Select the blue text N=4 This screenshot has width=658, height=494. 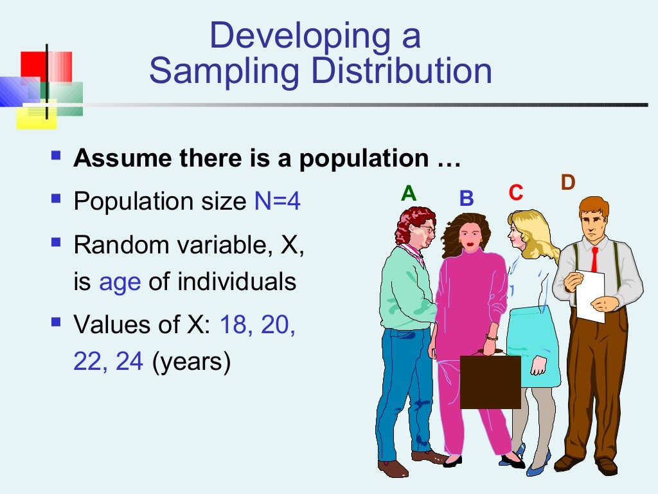tap(277, 202)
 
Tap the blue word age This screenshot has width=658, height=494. tap(120, 282)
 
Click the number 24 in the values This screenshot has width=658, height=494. tap(129, 363)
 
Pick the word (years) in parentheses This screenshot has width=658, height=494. tap(191, 363)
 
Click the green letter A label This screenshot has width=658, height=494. tap(408, 193)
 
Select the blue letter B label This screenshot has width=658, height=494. tap(466, 198)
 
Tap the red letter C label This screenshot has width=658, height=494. tap(515, 193)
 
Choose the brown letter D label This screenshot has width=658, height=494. tap(567, 183)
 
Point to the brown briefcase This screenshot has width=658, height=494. tap(490, 381)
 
